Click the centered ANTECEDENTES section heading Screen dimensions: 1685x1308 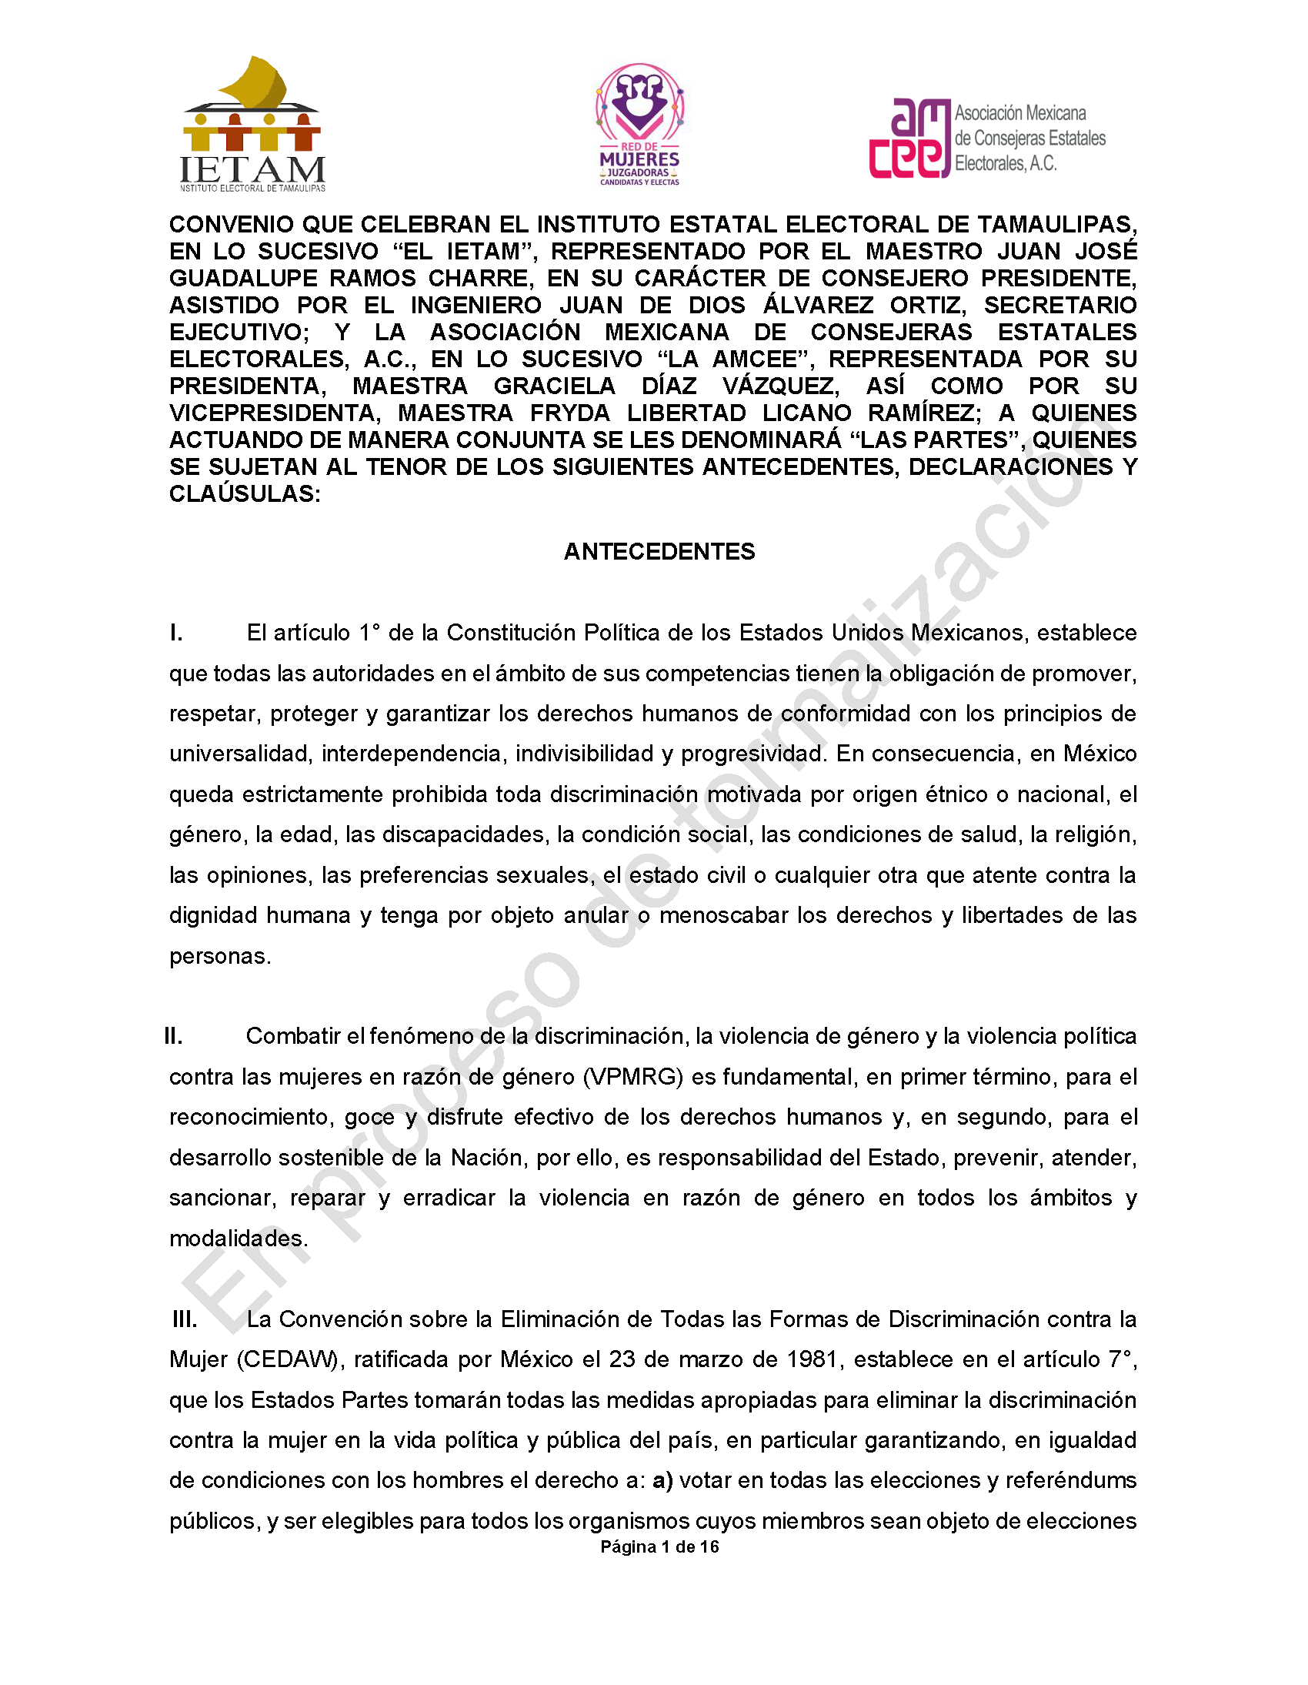[x=659, y=552]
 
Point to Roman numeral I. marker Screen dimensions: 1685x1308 [x=177, y=634]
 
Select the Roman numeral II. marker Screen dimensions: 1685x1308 [x=174, y=1036]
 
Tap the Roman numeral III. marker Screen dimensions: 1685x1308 [x=185, y=1319]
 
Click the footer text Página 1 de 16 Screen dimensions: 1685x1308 [x=659, y=1546]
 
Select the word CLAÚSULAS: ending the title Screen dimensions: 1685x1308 [x=245, y=494]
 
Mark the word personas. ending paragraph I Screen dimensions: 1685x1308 [x=221, y=957]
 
